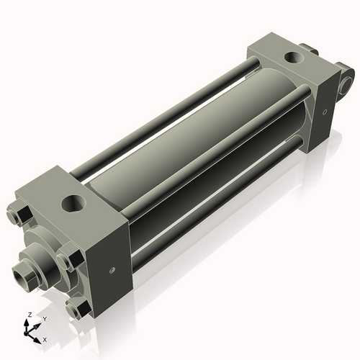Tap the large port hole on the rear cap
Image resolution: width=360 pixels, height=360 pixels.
(294, 56)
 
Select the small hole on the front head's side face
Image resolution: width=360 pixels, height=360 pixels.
(112, 271)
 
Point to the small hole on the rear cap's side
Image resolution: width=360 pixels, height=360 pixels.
(325, 112)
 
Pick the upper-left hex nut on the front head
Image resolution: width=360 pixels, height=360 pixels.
(19, 216)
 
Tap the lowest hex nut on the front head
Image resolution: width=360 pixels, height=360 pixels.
(77, 308)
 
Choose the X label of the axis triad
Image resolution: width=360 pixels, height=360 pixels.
(45, 338)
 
